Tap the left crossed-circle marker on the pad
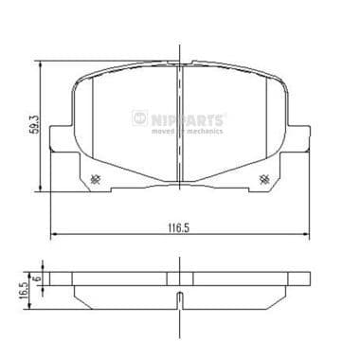[94, 181]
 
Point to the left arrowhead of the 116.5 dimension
[53, 235]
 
